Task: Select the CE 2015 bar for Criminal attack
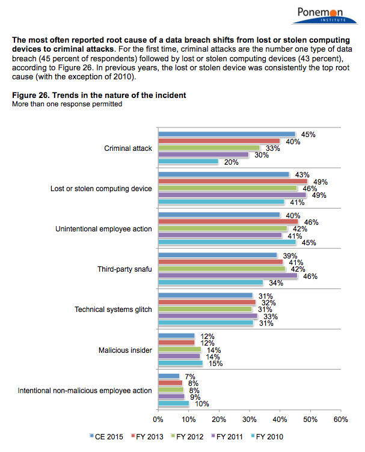[x=226, y=134]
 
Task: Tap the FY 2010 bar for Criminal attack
[x=188, y=161]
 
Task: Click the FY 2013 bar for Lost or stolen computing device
[x=232, y=181]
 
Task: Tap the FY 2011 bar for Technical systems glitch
[x=207, y=316]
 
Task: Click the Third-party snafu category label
[x=124, y=269]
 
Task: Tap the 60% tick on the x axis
[x=341, y=418]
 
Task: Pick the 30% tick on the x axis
[x=249, y=418]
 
